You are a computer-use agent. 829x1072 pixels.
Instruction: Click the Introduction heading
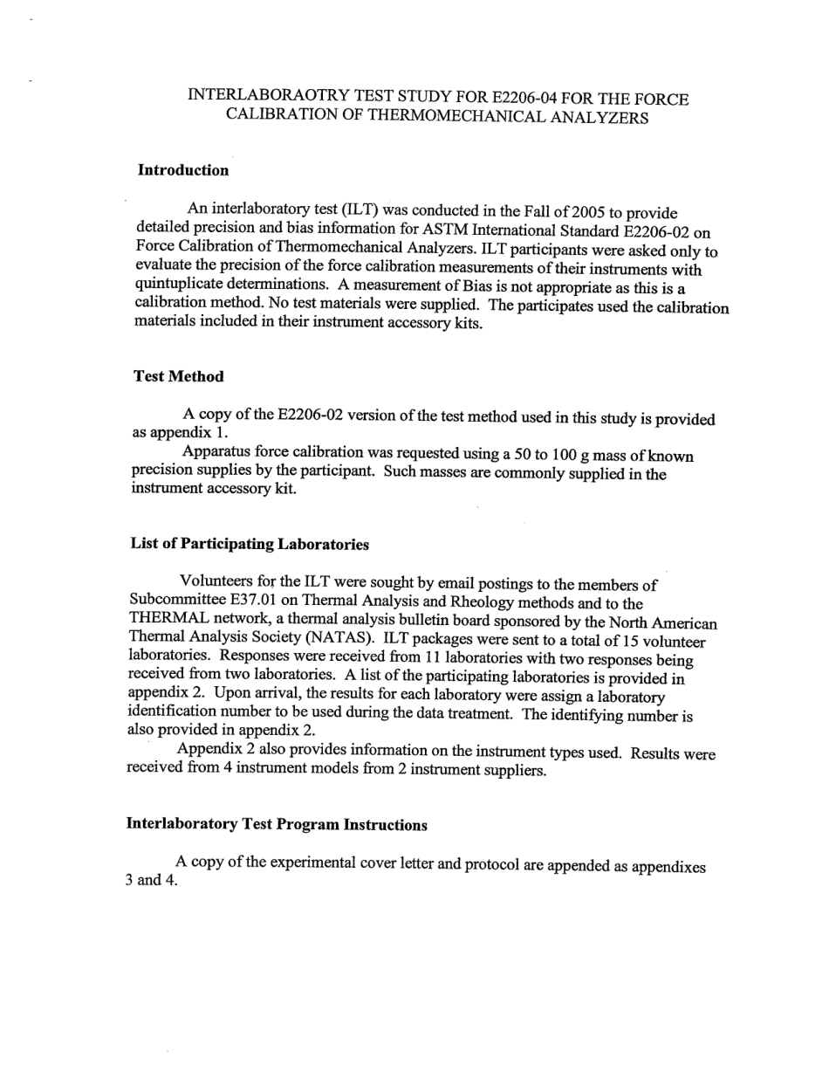pos(183,170)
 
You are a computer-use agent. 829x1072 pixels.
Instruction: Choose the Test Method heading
pos(178,376)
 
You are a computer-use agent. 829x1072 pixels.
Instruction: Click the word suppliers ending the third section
pos(507,771)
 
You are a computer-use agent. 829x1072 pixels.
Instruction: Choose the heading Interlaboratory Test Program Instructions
pos(277,824)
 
